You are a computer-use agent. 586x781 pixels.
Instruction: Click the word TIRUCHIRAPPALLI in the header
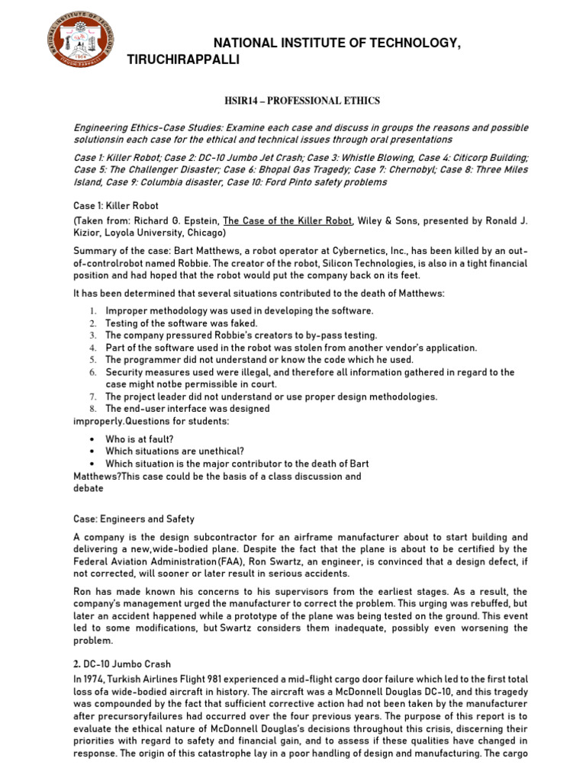point(183,59)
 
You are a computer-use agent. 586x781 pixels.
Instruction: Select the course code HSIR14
point(243,101)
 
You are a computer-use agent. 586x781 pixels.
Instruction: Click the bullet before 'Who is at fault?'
point(92,439)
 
